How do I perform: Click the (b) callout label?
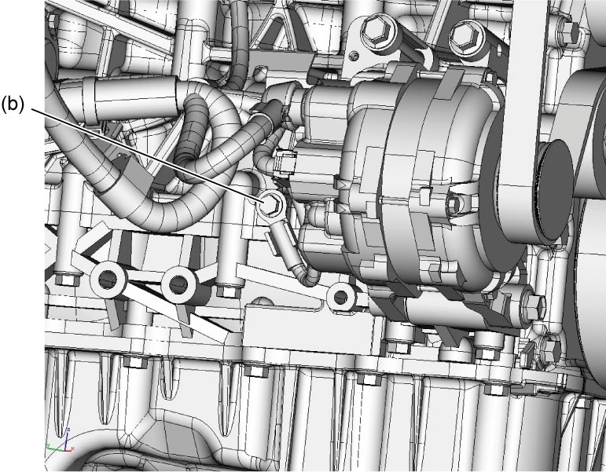point(13,104)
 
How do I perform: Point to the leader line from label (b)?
point(146,156)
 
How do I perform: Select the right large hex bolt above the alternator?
point(467,37)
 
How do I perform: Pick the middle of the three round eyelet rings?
point(179,285)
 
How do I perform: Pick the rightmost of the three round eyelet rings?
point(341,297)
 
